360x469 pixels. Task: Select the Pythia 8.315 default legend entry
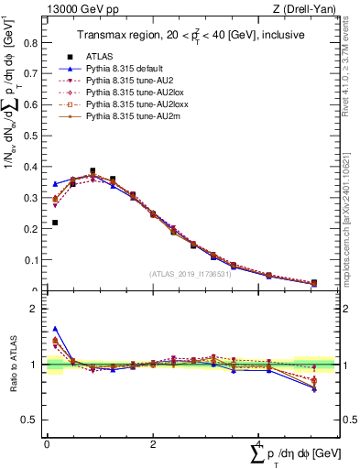119,69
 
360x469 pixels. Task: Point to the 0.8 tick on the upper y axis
47,42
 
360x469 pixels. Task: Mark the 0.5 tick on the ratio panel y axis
47,420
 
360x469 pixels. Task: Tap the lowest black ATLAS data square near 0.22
55,223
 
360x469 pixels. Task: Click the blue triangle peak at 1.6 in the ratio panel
55,329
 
